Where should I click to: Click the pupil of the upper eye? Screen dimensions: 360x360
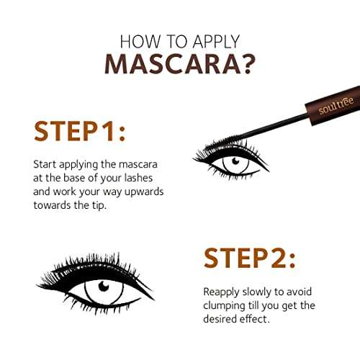(233, 162)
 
